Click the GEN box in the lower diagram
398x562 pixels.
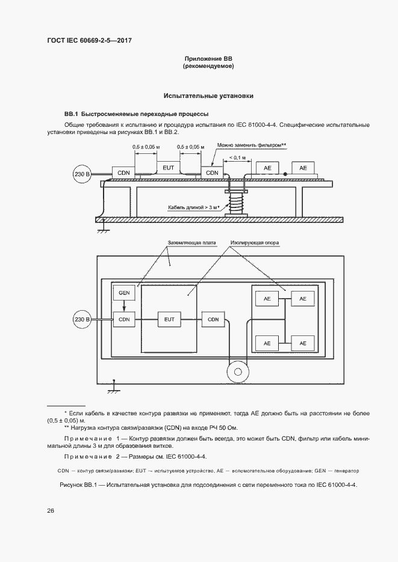click(x=124, y=293)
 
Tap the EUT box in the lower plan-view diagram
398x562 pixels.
click(x=169, y=319)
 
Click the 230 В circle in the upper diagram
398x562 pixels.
click(x=82, y=174)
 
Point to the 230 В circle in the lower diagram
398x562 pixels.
click(x=82, y=319)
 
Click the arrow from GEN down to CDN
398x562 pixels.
click(x=124, y=306)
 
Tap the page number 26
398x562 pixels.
click(x=51, y=511)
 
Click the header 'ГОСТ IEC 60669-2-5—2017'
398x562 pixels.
click(x=90, y=40)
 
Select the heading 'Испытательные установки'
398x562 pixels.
click(x=208, y=96)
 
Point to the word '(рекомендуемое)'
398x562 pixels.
click(x=208, y=67)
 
